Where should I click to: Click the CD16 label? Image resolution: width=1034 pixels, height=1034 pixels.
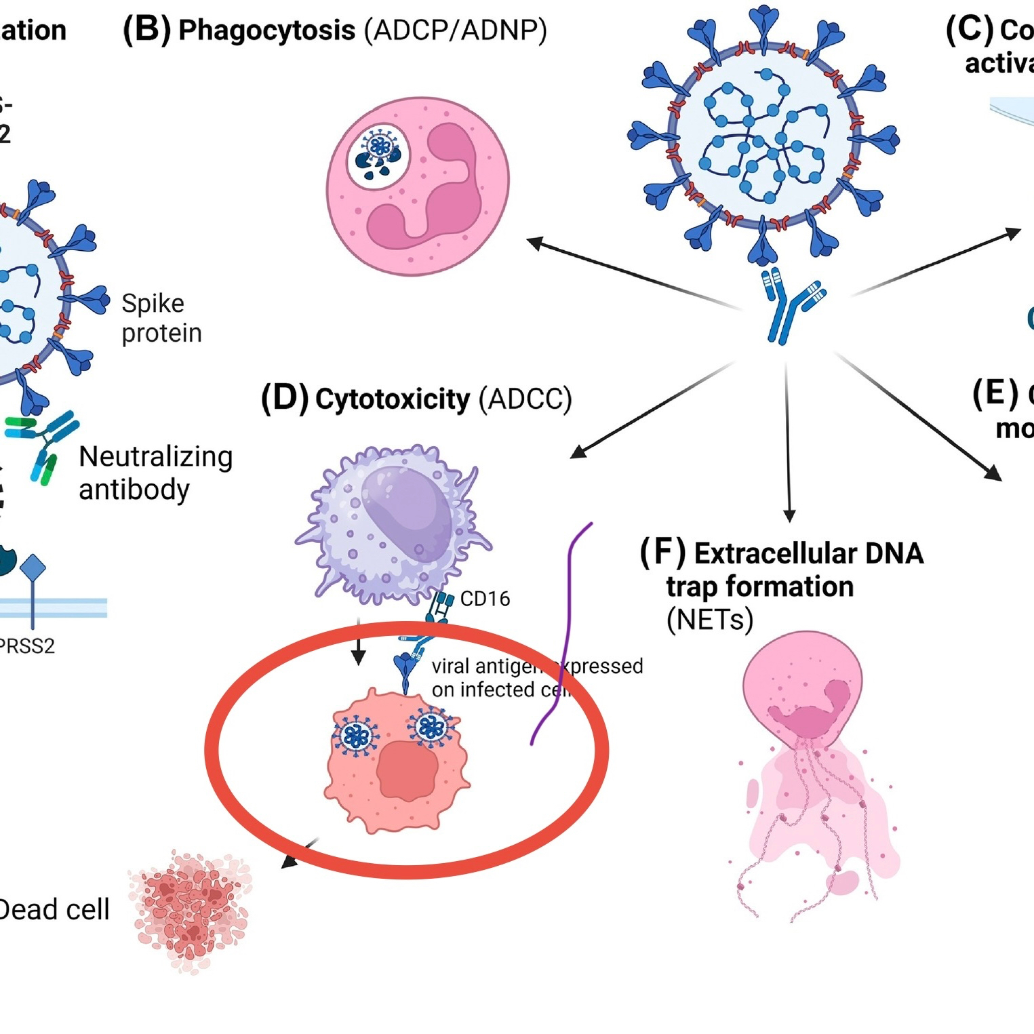[x=485, y=599]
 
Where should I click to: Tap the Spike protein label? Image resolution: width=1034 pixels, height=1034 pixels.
[x=161, y=318]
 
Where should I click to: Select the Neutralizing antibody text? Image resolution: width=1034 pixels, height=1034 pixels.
[x=155, y=473]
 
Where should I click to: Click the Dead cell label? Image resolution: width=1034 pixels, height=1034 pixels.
[x=54, y=909]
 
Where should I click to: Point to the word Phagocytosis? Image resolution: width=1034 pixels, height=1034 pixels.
[x=266, y=31]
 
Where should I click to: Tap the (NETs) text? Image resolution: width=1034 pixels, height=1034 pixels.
[x=709, y=620]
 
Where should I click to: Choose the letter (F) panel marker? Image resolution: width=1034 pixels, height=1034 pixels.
[x=662, y=553]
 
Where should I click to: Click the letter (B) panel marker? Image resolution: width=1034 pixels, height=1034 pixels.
[x=146, y=31]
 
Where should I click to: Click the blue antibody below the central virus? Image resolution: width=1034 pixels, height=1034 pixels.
[x=790, y=305]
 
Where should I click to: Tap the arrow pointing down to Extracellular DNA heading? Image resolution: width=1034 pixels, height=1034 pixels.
[x=788, y=441]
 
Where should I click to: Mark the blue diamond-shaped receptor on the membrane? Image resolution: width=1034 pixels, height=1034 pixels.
[x=33, y=568]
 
